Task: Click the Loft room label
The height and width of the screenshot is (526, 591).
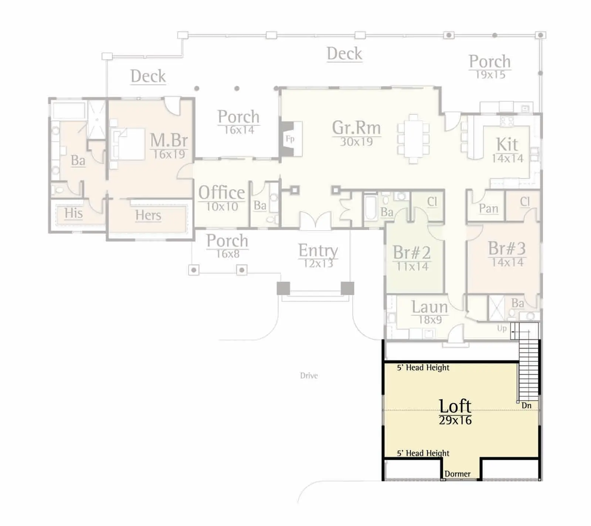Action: [x=455, y=406]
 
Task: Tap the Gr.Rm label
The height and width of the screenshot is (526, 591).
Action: [x=356, y=128]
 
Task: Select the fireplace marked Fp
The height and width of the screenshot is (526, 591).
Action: [x=291, y=139]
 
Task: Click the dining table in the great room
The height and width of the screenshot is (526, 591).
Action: [x=414, y=139]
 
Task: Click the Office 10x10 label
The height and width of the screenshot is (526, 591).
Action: [x=222, y=198]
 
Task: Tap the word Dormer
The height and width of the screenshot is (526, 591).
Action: [x=458, y=474]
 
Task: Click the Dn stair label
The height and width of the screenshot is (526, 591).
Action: [x=526, y=405]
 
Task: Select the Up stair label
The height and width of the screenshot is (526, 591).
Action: [x=502, y=328]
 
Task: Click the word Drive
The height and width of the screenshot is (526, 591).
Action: [x=309, y=376]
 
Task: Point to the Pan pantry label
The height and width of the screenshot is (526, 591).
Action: [x=489, y=209]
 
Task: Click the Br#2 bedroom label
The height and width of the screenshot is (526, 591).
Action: [x=412, y=252]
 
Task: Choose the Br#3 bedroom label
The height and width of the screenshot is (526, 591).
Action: [x=507, y=248]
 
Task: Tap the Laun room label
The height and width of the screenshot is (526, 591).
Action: [x=429, y=307]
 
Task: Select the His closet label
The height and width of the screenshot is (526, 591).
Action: [x=74, y=213]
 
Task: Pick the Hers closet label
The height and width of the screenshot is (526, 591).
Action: [x=148, y=215]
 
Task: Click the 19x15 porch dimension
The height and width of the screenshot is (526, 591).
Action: [x=490, y=75]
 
